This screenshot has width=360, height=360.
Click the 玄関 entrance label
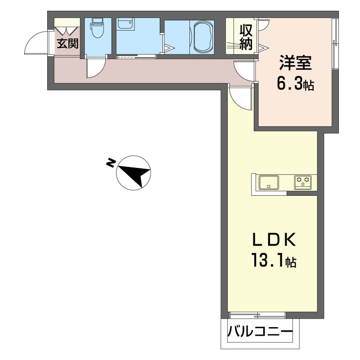[68, 43]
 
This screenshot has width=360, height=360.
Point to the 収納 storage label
[246, 37]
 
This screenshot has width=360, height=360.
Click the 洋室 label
[296, 63]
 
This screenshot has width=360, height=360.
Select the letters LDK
[274, 240]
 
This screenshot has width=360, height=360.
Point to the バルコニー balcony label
[261, 331]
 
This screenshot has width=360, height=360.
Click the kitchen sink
[269, 183]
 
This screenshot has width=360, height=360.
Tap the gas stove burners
[303, 183]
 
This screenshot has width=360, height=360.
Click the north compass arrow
[134, 173]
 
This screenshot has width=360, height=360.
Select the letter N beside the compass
[111, 162]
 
